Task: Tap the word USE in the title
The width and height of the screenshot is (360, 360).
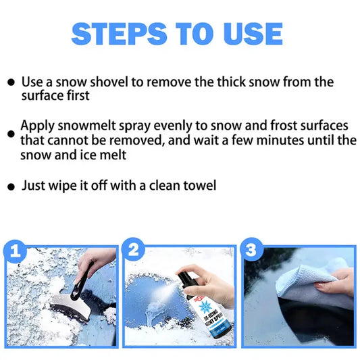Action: coord(251,33)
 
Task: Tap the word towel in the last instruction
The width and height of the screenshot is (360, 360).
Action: coord(200,184)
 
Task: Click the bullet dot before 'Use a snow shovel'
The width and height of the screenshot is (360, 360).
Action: coord(11,83)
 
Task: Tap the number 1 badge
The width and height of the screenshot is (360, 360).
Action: coord(15,252)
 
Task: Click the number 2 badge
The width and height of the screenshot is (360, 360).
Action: coord(133,251)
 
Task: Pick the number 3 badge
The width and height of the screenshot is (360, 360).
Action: coord(252,251)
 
